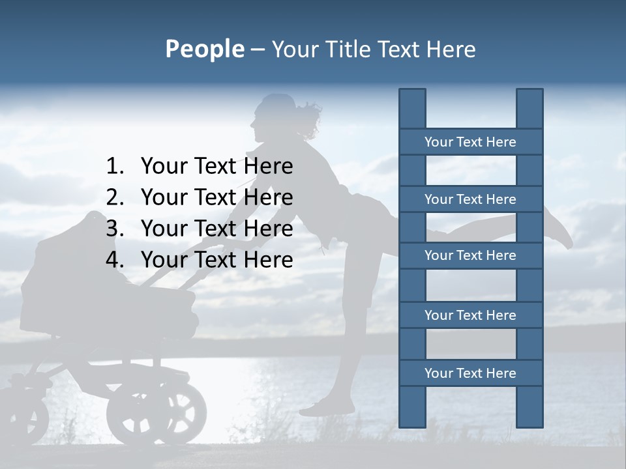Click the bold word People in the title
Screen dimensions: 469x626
tap(204, 49)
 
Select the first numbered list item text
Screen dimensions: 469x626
tap(216, 167)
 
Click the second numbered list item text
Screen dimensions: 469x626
tap(216, 197)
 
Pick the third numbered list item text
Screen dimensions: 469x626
tap(216, 229)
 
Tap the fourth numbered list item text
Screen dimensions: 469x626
tap(216, 260)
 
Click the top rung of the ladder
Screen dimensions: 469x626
tap(470, 142)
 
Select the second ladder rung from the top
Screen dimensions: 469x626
tap(470, 199)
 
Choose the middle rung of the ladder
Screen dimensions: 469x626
tap(470, 255)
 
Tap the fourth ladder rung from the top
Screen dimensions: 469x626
tap(470, 315)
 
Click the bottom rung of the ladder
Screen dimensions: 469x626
tap(470, 373)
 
